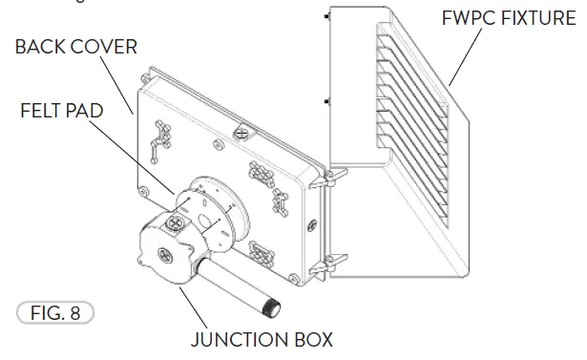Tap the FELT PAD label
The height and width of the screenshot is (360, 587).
coord(60,110)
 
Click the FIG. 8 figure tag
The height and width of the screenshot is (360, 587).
coord(55,311)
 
